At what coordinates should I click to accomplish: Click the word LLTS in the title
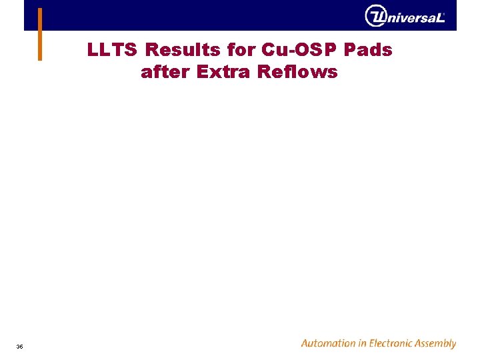[x=113, y=50]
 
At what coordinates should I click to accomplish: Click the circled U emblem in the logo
[x=376, y=16]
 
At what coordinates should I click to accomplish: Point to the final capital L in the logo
[x=440, y=18]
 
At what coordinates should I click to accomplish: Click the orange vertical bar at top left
[x=40, y=33]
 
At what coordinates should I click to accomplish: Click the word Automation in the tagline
[x=329, y=344]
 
